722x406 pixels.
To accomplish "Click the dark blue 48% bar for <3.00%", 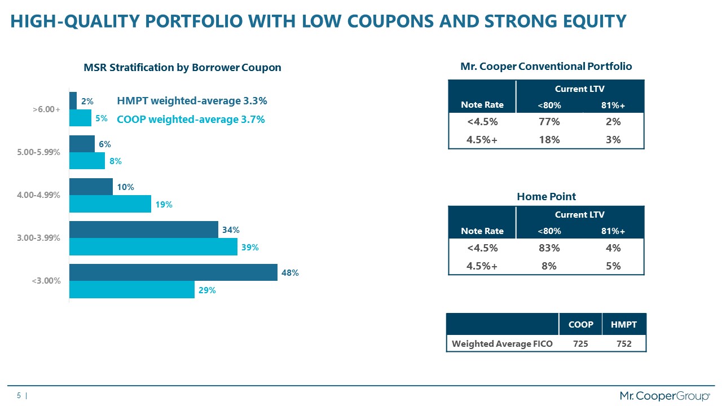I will tap(173, 272).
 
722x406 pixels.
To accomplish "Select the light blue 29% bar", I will tap(131, 290).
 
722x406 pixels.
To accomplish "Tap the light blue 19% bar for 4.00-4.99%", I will tap(110, 204).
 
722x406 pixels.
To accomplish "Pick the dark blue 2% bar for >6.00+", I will tap(73, 101).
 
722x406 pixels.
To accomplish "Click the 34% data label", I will tap(231, 230).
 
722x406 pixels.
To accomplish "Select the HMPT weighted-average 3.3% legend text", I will tap(192, 101).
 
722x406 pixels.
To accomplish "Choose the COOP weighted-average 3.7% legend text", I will tap(191, 120).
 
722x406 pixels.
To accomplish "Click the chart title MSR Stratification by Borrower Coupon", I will tap(182, 68).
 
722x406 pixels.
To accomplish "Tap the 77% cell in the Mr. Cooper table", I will tap(549, 121).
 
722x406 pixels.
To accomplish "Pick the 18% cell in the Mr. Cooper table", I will tap(549, 139).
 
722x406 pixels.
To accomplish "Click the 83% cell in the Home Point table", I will tap(549, 248).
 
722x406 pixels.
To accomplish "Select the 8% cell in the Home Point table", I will tap(549, 266).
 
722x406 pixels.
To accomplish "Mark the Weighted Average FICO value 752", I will tap(623, 343).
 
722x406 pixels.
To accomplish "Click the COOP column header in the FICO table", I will tap(580, 324).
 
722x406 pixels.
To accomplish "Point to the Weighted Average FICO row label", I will tap(502, 343).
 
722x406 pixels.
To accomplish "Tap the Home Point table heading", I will tap(546, 196).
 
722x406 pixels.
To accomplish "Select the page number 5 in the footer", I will tap(19, 396).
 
